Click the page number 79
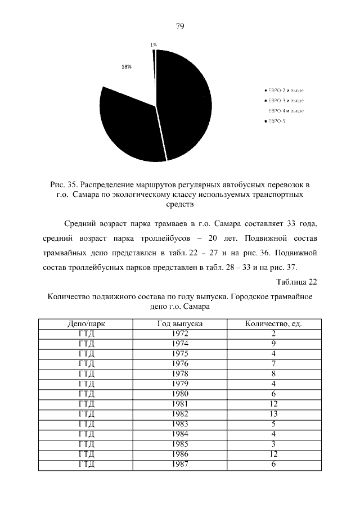180,26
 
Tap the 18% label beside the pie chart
127,66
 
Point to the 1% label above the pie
154,44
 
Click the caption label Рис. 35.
64,184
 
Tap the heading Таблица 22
298,281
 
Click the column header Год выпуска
179,324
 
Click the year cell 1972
179,334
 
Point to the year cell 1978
179,373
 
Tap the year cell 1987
179,464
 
